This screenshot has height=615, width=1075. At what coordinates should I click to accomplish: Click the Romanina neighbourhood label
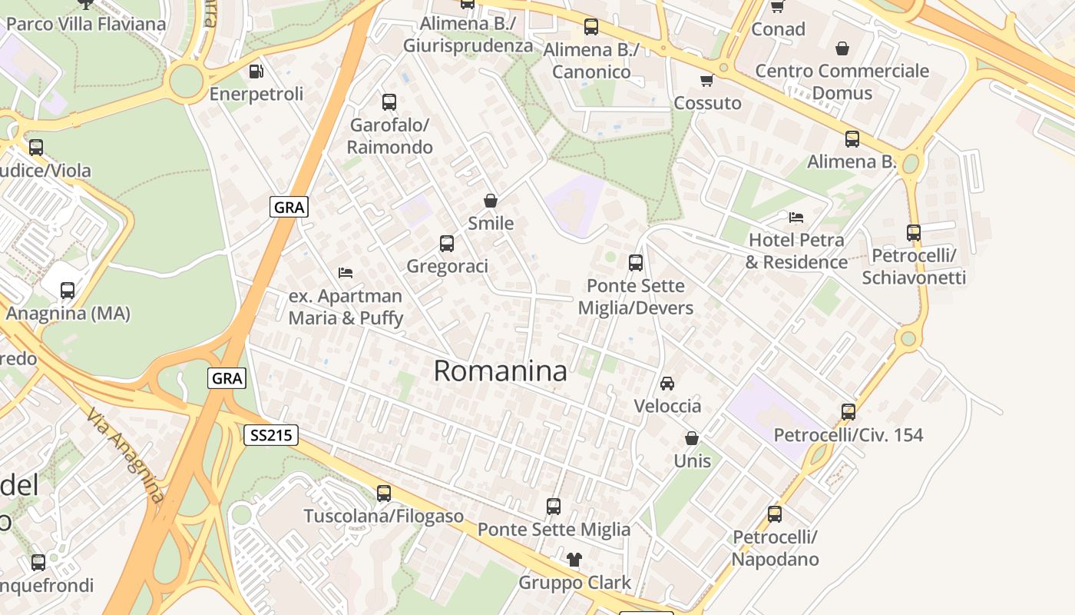click(x=500, y=371)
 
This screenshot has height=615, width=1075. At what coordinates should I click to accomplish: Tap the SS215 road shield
click(x=271, y=436)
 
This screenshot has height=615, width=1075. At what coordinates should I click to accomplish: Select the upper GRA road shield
click(x=289, y=207)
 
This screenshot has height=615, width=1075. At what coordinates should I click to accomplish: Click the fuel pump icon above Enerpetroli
click(x=256, y=71)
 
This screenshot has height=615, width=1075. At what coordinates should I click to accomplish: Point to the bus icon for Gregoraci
click(x=447, y=244)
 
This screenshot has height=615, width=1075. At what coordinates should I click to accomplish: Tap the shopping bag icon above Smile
click(x=491, y=201)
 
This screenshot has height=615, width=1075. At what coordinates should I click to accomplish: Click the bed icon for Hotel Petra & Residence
click(x=796, y=218)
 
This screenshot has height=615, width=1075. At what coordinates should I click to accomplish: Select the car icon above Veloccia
click(x=667, y=383)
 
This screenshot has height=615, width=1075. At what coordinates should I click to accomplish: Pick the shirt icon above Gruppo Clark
click(x=574, y=559)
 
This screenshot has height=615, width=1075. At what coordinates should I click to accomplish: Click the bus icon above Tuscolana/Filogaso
click(x=384, y=493)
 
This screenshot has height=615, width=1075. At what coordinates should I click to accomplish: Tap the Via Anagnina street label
click(x=126, y=455)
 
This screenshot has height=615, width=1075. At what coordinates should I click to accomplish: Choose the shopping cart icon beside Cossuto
click(x=706, y=80)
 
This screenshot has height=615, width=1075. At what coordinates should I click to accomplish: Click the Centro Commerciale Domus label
click(x=842, y=81)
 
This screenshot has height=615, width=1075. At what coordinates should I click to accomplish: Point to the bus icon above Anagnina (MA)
click(x=68, y=291)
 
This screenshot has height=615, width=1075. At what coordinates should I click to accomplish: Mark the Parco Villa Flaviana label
click(x=86, y=24)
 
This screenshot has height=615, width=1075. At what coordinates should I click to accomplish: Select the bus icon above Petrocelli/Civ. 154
click(x=848, y=412)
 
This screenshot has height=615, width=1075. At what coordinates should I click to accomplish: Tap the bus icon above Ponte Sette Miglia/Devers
click(x=636, y=263)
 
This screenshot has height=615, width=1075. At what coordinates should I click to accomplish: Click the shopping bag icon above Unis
click(x=692, y=438)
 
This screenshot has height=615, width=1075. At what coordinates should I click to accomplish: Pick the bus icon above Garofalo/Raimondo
click(x=389, y=101)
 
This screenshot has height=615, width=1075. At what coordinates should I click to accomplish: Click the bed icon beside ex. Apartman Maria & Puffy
click(x=346, y=272)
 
